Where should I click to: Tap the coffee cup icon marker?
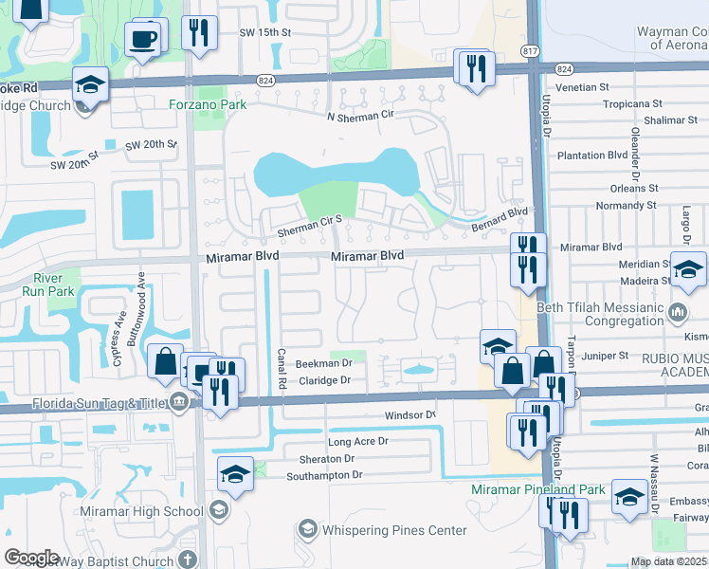tap(143, 39)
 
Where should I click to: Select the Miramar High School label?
tap(150, 512)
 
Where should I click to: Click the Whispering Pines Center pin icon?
tap(307, 528)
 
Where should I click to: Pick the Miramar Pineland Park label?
tap(538, 489)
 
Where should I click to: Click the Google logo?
tap(31, 557)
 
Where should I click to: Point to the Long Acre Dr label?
tap(357, 442)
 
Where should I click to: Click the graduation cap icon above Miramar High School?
tap(235, 472)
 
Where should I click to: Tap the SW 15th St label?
tap(264, 33)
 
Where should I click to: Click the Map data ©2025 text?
tap(669, 561)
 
